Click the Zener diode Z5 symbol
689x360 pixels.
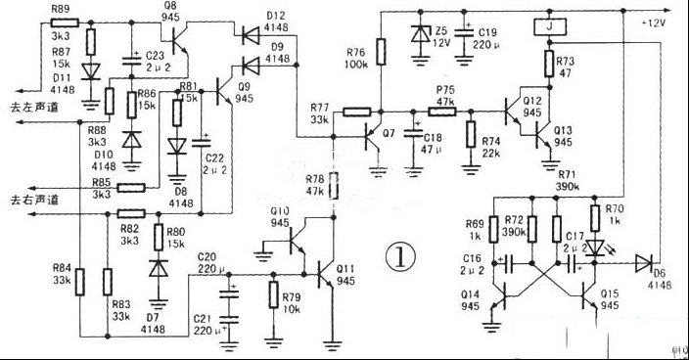[x=422, y=35]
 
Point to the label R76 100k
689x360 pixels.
[x=356, y=59]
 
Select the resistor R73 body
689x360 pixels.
[x=552, y=65]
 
